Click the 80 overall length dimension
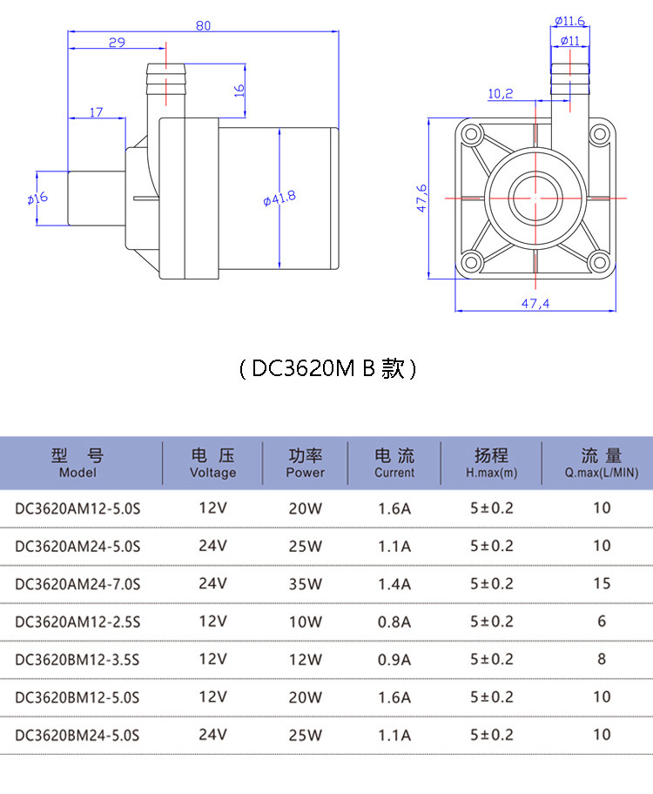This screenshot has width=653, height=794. [x=203, y=25]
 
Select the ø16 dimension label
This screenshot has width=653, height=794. [x=37, y=198]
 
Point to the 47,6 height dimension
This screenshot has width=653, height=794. [x=421, y=198]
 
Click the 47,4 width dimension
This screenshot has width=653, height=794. [x=535, y=303]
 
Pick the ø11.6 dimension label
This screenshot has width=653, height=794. [x=569, y=21]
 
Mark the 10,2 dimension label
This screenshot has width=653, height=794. [x=501, y=93]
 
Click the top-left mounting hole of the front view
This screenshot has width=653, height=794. [x=472, y=135]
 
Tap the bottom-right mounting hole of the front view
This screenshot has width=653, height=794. [x=598, y=261]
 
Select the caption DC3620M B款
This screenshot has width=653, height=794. [x=326, y=369]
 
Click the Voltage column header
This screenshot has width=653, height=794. [x=212, y=463]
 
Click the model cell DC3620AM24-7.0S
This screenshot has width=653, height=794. [x=77, y=584]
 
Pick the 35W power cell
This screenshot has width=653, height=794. [x=305, y=584]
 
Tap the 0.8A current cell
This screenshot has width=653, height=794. [x=394, y=622]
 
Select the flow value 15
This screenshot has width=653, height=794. [x=602, y=583]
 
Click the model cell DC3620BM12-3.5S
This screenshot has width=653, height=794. [x=77, y=660]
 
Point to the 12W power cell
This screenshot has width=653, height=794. [x=305, y=660]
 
